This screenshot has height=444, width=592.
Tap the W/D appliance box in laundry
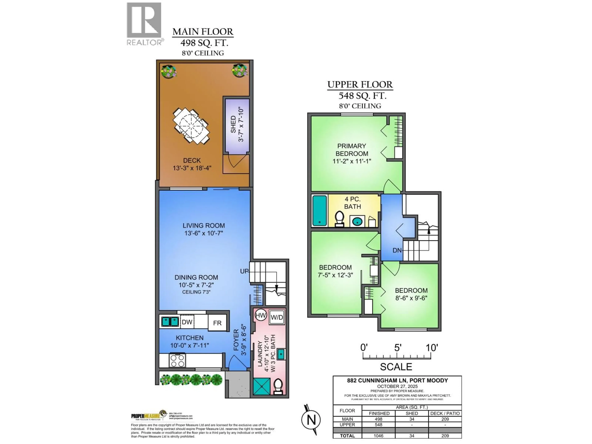tap(277, 317)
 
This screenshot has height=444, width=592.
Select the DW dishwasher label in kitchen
tap(187, 322)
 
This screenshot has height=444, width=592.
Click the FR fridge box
tap(217, 323)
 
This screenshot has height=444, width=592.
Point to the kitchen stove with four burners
tap(177, 360)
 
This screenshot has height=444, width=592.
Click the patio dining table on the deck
tap(191, 126)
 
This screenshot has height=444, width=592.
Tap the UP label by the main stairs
tap(244, 271)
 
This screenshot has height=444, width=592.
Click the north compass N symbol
tap(311, 419)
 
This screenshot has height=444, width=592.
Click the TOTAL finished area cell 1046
tap(378, 436)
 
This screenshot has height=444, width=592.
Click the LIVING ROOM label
tap(204, 226)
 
